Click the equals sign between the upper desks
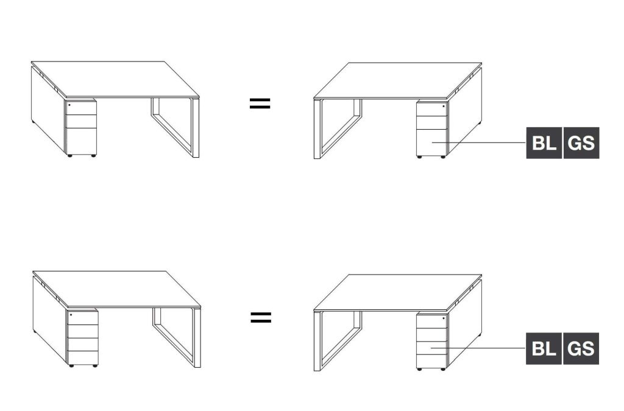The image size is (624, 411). click(260, 104)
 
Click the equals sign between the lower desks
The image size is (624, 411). click(261, 317)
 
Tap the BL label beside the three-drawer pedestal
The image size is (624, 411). click(544, 143)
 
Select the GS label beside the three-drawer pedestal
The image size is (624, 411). click(581, 143)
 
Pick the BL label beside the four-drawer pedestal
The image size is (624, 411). click(544, 349)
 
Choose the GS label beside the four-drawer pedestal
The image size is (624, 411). click(581, 349)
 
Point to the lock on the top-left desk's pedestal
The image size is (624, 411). click(69, 105)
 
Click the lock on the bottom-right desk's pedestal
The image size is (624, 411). click(444, 318)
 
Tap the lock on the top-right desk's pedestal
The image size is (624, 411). click(444, 107)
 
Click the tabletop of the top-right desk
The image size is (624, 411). click(398, 80)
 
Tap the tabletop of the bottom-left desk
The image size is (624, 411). click(116, 289)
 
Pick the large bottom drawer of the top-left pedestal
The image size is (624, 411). click(81, 141)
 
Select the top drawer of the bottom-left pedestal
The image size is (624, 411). click(83, 318)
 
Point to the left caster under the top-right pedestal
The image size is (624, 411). click(419, 158)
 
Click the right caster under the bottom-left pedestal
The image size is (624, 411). click(95, 366)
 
